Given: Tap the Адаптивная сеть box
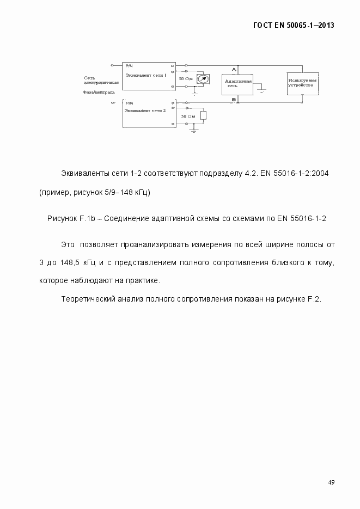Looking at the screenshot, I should pos(238,83).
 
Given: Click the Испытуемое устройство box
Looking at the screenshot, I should pos(302,83).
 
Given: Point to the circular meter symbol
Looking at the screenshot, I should pos(203,79).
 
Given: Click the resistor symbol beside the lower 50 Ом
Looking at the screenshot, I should pos(203,116).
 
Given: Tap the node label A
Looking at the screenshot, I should pos(234,69).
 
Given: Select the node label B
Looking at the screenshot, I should pos(234,100).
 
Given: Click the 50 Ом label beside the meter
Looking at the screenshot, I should pos(185,79).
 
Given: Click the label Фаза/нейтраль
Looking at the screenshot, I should pos(99,93).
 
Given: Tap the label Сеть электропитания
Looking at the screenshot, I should pos(96,81).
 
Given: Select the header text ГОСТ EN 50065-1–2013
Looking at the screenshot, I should pos(294,25).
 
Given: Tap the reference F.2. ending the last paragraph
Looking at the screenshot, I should pos(314,299).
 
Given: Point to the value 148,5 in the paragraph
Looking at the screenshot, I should pos(71,262).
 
